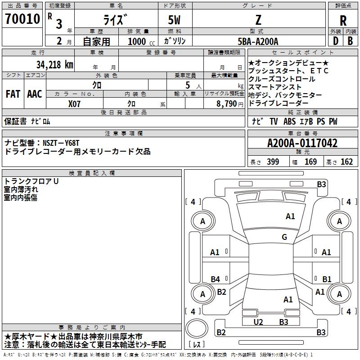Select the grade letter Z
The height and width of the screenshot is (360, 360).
258,20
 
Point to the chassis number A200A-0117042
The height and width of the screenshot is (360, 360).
302,144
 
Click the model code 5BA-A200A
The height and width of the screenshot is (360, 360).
258,41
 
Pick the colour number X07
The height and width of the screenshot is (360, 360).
75,103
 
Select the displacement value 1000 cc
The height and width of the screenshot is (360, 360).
140,41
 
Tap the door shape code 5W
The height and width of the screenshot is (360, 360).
175,20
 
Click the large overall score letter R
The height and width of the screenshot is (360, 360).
343,20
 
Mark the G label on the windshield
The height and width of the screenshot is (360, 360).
284,237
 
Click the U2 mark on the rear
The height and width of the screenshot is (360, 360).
258,322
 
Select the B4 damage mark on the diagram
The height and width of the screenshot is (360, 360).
216,279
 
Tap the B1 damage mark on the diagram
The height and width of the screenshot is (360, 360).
327,279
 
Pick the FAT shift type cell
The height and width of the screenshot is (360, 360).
13,94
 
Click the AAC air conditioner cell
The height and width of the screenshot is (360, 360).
35,94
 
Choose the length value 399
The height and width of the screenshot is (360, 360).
273,162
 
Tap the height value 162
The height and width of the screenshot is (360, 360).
346,162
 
